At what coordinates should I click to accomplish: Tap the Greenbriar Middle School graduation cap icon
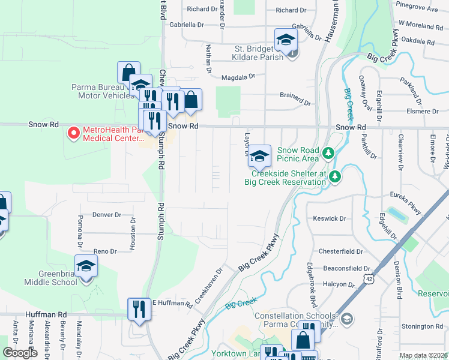tap(86, 265)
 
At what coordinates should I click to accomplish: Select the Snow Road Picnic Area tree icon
tap(328, 153)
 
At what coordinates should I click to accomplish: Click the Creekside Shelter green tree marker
tap(335, 176)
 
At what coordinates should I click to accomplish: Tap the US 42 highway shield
tap(369, 279)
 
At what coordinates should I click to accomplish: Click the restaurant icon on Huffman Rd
tap(139, 309)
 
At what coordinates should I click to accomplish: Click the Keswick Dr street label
tap(330, 219)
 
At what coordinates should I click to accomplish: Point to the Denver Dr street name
tap(107, 214)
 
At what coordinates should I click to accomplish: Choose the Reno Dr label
tap(104, 251)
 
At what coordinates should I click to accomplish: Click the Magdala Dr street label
tap(238, 77)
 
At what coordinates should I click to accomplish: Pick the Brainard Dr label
tap(295, 95)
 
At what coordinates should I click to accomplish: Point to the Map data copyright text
tap(423, 356)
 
